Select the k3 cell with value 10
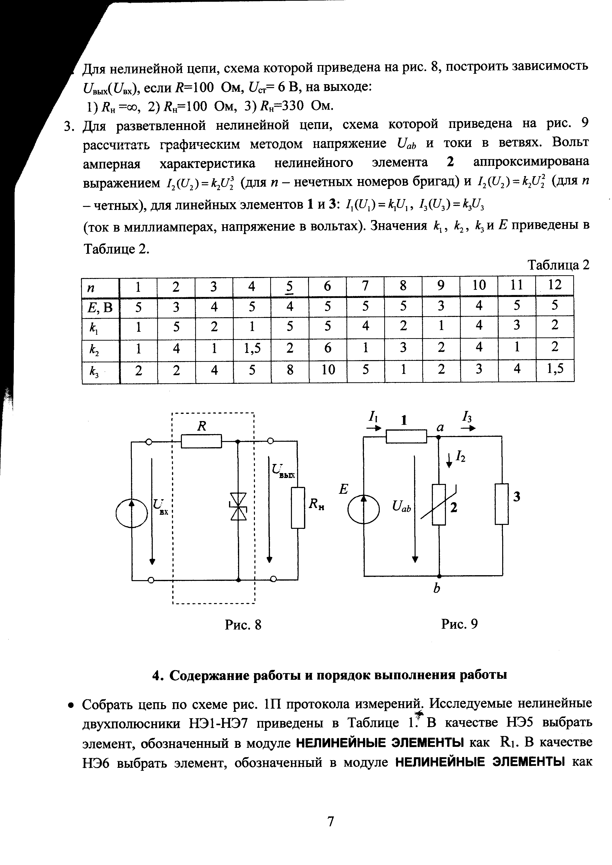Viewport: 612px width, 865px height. [x=328, y=370]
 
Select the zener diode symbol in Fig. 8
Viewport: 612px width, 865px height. [x=238, y=506]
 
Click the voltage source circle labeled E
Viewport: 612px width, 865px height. [x=363, y=509]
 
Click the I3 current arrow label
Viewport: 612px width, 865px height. [x=467, y=417]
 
